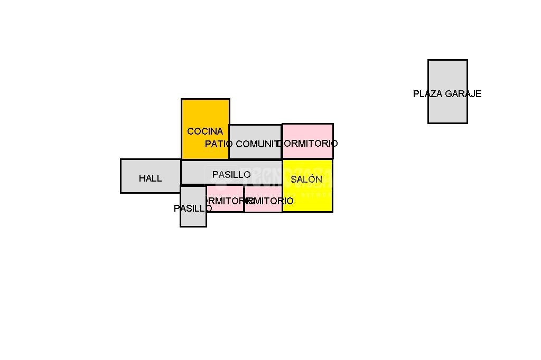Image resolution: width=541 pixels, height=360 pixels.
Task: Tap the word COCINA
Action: coord(205,131)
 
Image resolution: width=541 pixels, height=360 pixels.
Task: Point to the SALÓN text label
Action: coord(306,179)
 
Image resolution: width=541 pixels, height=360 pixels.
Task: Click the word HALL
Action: coord(151,178)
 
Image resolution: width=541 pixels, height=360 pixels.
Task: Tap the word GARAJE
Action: coord(463,94)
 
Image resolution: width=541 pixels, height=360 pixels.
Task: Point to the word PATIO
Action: coord(219,144)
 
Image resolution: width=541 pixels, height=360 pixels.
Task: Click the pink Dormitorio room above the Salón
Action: coord(307,132)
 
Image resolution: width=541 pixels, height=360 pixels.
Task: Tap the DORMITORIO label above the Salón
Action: coord(309,144)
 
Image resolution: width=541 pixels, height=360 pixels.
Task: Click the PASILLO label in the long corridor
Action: coord(231,175)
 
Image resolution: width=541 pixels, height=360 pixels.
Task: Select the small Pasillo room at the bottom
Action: coord(193,219)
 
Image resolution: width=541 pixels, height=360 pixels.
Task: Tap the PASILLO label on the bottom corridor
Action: coord(193,209)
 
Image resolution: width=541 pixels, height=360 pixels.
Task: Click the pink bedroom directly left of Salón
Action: coord(263,206)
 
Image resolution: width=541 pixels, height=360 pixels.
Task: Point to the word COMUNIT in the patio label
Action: coord(257,144)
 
